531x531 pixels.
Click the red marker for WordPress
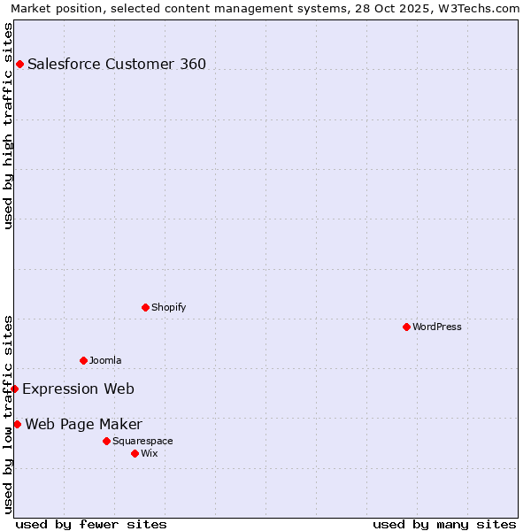(406, 327)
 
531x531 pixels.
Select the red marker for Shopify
(145, 307)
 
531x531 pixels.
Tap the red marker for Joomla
(83, 360)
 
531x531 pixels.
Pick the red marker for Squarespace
(106, 441)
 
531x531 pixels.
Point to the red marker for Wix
(135, 453)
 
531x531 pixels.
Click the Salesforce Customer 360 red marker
(19, 64)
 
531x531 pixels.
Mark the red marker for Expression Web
(14, 389)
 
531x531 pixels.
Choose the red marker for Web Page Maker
(17, 424)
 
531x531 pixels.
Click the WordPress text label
(437, 327)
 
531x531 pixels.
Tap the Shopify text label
(168, 307)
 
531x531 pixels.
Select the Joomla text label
(105, 360)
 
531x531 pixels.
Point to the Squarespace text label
(142, 441)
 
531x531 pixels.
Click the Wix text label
(149, 453)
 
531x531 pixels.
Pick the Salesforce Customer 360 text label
(117, 64)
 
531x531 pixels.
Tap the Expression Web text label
(78, 389)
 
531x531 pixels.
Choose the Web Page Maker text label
(83, 424)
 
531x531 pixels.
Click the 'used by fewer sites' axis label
(91, 524)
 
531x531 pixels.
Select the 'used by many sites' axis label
(444, 524)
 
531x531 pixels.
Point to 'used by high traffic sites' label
(8, 126)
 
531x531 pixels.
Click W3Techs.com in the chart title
(476, 8)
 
